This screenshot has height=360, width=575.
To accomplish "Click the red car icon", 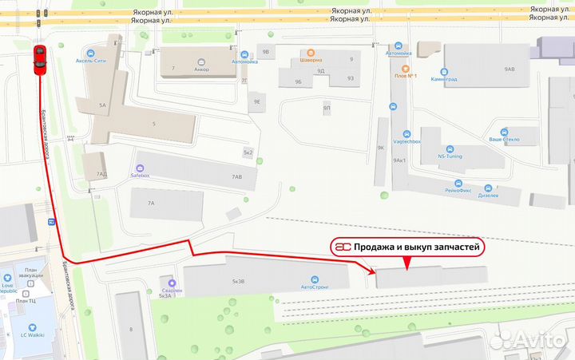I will [x=39, y=60].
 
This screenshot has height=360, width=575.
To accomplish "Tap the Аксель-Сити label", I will [x=90, y=60].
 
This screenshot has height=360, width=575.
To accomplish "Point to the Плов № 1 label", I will [x=406, y=76].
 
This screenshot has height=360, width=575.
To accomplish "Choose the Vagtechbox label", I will [x=405, y=141].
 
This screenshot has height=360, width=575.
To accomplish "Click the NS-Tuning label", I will [x=451, y=156].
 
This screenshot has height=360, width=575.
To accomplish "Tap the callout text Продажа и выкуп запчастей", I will [x=417, y=248].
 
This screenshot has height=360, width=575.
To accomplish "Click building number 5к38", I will [x=238, y=282].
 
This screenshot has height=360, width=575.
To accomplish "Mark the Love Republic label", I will [x=10, y=287].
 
